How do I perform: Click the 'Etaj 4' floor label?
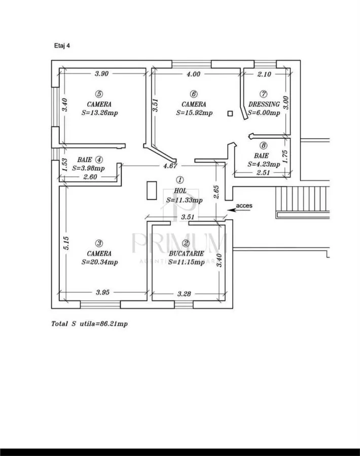pyautogui.click(x=62, y=46)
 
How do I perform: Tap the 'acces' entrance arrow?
pyautogui.click(x=239, y=209)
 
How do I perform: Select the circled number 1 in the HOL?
pyautogui.click(x=181, y=180)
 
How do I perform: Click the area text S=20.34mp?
pyautogui.click(x=99, y=262)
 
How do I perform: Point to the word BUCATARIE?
pyautogui.click(x=186, y=254)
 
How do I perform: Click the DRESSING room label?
pyautogui.click(x=264, y=104)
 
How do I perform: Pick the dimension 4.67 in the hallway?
pyautogui.click(x=170, y=166)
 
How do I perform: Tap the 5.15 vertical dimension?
pyautogui.click(x=66, y=243)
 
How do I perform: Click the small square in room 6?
pyautogui.click(x=230, y=113)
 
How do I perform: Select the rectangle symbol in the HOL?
pyautogui.click(x=152, y=191)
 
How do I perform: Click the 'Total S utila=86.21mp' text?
pyautogui.click(x=89, y=324)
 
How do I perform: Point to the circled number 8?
pyautogui.click(x=263, y=145)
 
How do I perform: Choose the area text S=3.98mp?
pyautogui.click(x=88, y=168)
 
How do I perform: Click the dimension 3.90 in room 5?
pyautogui.click(x=101, y=73)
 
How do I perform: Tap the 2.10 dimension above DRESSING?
pyautogui.click(x=264, y=74)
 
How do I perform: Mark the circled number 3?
pyautogui.click(x=99, y=243)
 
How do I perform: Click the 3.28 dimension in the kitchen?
pyautogui.click(x=184, y=294)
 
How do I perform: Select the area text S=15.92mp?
pyautogui.click(x=194, y=113)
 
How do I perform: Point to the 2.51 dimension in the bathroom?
pyautogui.click(x=263, y=172)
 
